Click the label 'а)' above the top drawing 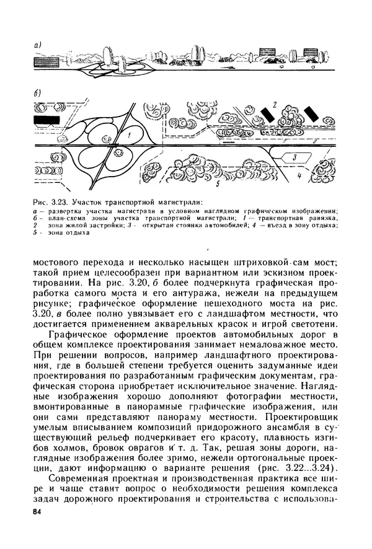[37, 45]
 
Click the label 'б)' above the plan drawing [37, 94]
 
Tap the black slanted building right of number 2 [310, 114]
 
